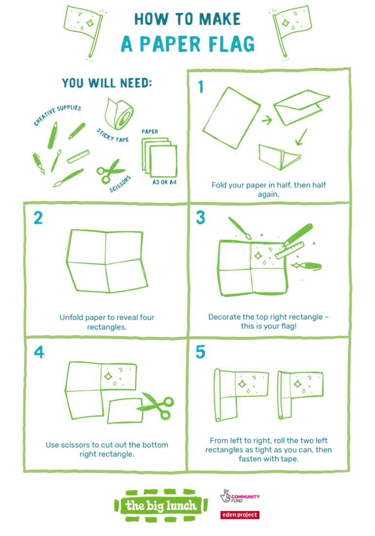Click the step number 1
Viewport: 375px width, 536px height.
coord(200,87)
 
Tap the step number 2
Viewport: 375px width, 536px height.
coord(38,218)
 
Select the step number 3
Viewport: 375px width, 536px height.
coord(200,218)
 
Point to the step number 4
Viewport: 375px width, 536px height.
coord(38,352)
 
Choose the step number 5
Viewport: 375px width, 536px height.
coord(200,352)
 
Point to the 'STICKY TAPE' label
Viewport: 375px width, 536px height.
coord(113,135)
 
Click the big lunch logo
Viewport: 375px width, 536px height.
coord(162,505)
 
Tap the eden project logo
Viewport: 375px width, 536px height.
coord(239,515)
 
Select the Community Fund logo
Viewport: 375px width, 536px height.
coord(239,497)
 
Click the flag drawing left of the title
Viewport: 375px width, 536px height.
coord(83,29)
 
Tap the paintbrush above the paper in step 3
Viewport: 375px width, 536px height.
coord(239,229)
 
